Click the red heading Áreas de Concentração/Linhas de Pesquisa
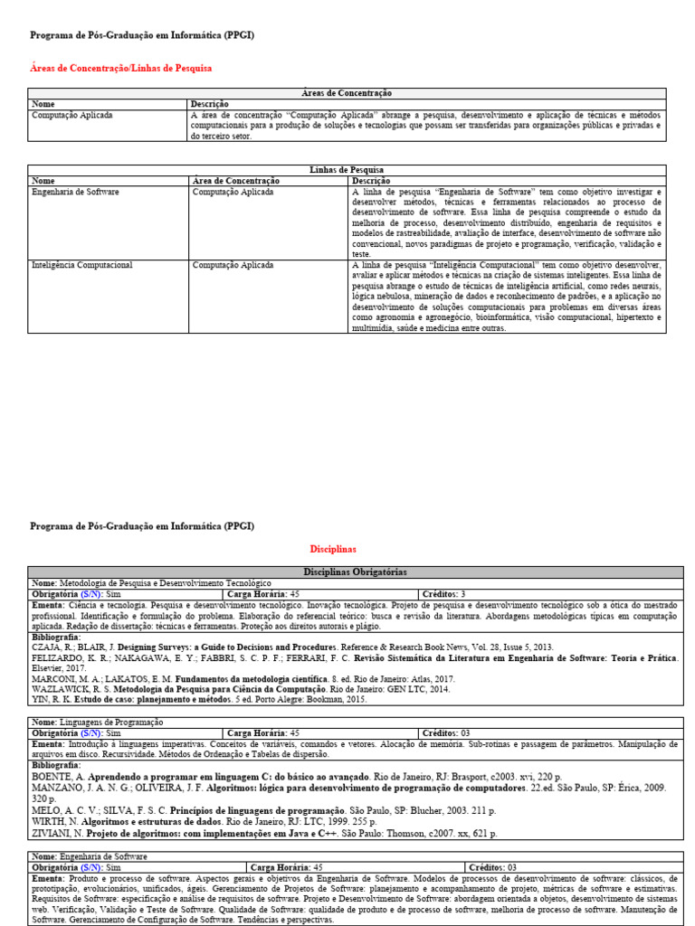click(x=122, y=68)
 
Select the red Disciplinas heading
click(x=334, y=549)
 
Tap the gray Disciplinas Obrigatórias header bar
click(x=355, y=572)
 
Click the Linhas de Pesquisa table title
click(x=347, y=170)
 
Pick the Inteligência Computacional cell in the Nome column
click(x=82, y=265)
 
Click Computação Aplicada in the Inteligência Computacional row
click(x=233, y=265)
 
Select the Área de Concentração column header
click(x=236, y=181)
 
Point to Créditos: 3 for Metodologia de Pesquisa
click(x=443, y=594)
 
